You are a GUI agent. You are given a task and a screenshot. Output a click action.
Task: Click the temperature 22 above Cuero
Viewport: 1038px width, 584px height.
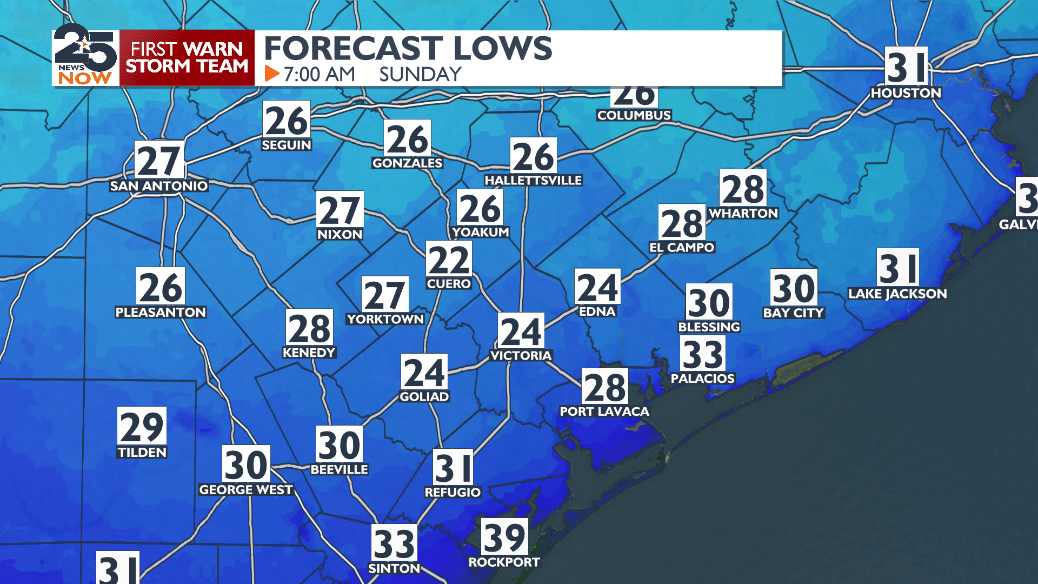pyautogui.click(x=449, y=260)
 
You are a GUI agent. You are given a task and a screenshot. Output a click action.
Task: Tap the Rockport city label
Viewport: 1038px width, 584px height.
pyautogui.click(x=504, y=562)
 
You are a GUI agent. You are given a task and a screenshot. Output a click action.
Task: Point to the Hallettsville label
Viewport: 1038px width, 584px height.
pyautogui.click(x=533, y=181)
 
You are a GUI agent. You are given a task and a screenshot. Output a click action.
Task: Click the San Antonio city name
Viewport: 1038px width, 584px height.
pyautogui.click(x=159, y=186)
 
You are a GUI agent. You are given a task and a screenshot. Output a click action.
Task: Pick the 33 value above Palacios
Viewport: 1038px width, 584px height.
pyautogui.click(x=703, y=354)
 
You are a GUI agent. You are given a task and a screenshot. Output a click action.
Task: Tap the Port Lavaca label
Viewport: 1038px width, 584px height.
pyautogui.click(x=604, y=412)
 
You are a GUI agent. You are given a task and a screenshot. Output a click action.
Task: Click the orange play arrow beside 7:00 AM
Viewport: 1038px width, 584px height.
pyautogui.click(x=272, y=74)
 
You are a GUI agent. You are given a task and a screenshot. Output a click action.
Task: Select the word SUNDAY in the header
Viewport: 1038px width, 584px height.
pyautogui.click(x=420, y=74)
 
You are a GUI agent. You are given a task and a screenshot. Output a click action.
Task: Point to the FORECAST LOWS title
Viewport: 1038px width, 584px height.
pyautogui.click(x=408, y=49)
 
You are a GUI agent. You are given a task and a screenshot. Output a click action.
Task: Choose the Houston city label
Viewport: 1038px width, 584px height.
pyautogui.click(x=906, y=93)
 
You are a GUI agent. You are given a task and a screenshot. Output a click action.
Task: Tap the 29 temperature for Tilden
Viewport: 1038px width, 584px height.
pyautogui.click(x=142, y=426)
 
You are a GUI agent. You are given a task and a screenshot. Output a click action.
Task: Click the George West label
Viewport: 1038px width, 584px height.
pyautogui.click(x=246, y=490)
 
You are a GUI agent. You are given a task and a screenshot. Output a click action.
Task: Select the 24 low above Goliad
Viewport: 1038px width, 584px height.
pyautogui.click(x=424, y=373)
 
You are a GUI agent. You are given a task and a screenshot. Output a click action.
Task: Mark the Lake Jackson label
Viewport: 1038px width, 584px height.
pyautogui.click(x=897, y=294)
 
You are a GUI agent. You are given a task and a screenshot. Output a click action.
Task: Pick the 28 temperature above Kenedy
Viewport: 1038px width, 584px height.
pyautogui.click(x=309, y=328)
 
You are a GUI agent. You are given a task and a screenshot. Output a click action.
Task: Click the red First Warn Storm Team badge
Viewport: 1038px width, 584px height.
pyautogui.click(x=187, y=58)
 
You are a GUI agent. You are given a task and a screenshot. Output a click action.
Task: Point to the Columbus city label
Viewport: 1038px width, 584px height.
pyautogui.click(x=634, y=115)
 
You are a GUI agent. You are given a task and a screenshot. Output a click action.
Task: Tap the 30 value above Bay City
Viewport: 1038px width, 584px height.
pyautogui.click(x=794, y=288)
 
